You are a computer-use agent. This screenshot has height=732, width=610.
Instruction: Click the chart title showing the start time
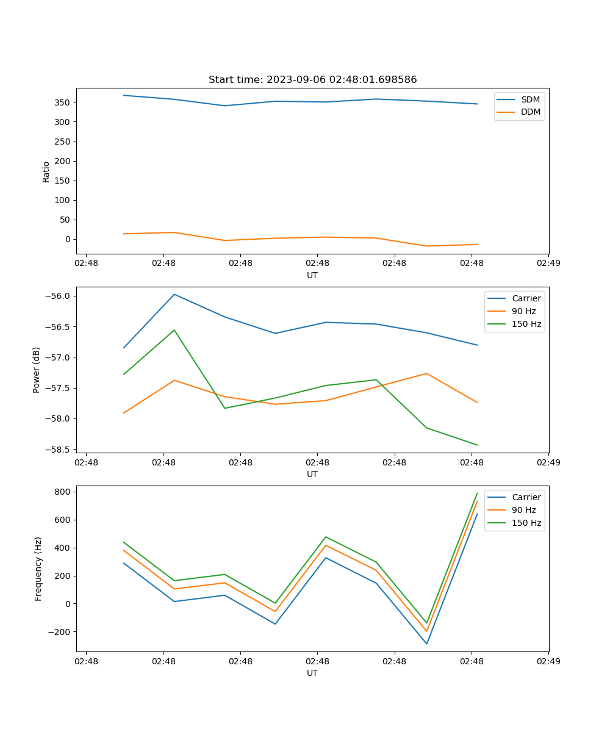(x=312, y=80)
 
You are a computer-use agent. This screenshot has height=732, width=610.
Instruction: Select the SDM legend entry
(x=530, y=99)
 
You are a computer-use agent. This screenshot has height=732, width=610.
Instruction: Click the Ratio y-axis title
(x=46, y=171)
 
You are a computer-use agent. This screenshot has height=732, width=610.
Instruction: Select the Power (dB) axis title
(x=37, y=370)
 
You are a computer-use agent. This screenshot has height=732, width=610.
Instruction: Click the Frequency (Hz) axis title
(x=38, y=569)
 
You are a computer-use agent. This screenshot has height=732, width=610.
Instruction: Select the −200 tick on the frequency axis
(x=60, y=632)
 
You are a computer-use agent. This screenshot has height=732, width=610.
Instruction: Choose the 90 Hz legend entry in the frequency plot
(x=523, y=510)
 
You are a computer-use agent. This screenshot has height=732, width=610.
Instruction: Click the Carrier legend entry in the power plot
(x=526, y=298)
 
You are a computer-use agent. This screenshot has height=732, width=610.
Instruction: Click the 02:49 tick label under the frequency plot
(x=548, y=661)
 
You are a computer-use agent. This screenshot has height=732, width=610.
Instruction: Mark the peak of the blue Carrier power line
(x=174, y=294)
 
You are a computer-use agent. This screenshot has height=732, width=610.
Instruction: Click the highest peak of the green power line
(x=174, y=330)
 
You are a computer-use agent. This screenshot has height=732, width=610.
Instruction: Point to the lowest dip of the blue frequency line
(x=426, y=644)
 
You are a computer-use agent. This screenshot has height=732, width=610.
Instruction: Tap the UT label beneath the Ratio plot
(x=312, y=275)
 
